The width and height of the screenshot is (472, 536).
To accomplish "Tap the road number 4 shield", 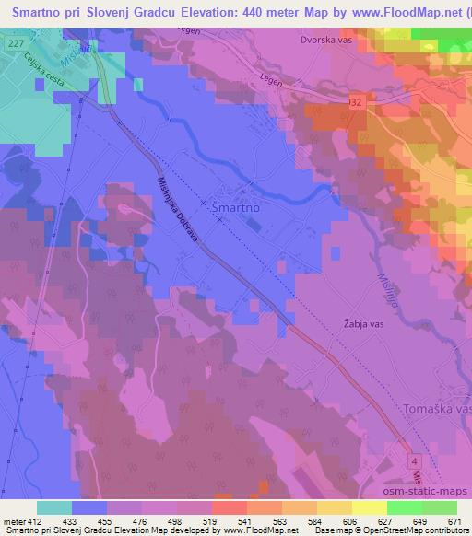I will (417, 460).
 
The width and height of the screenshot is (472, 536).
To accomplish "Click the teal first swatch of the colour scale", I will (54, 507).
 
